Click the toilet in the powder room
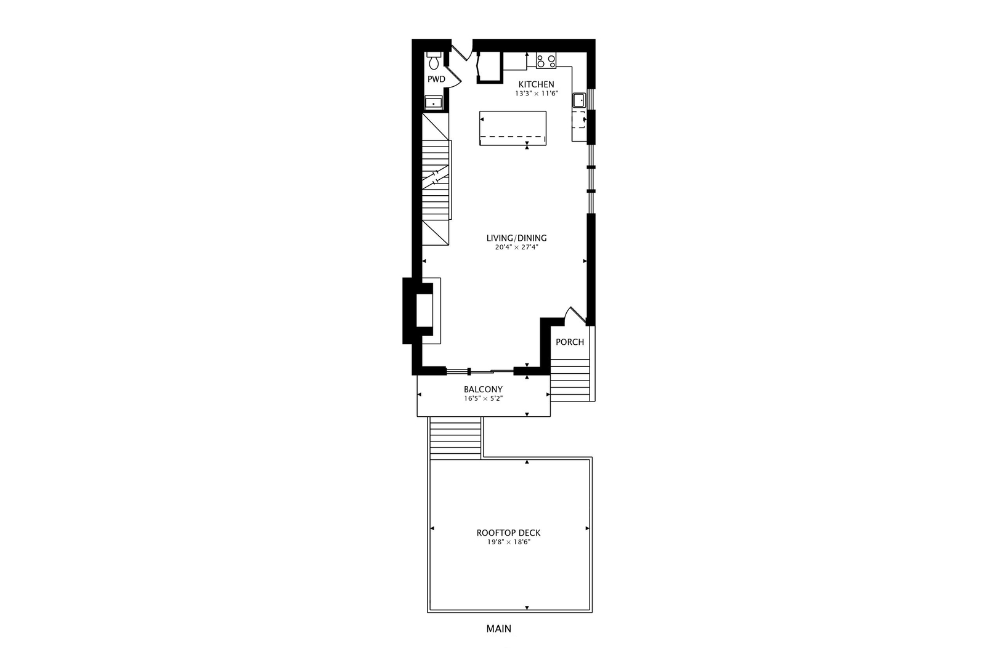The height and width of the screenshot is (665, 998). point(434,61)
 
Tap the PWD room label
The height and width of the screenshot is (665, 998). point(436,79)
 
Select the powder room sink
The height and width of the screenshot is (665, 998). point(434,103)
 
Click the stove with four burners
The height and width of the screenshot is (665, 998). point(546,61)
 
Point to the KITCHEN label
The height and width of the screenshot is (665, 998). point(536,84)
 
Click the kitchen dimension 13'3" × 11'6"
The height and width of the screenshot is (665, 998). point(536,94)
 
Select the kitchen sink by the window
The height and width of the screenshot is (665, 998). point(578,100)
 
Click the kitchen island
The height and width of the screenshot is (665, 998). point(513,128)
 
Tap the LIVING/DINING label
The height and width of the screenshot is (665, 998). point(516,238)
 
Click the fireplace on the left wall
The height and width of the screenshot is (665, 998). point(424,310)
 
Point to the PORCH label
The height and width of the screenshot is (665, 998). point(570,342)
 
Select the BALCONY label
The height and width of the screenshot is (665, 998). point(483,390)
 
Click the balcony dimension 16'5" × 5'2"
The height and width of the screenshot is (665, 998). point(483,399)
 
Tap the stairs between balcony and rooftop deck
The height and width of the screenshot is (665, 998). point(455,438)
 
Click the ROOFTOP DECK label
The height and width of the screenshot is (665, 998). point(508,533)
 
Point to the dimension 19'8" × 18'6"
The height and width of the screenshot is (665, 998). point(508,542)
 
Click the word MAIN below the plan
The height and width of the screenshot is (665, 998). point(498,629)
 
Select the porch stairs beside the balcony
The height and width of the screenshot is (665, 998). point(570,381)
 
